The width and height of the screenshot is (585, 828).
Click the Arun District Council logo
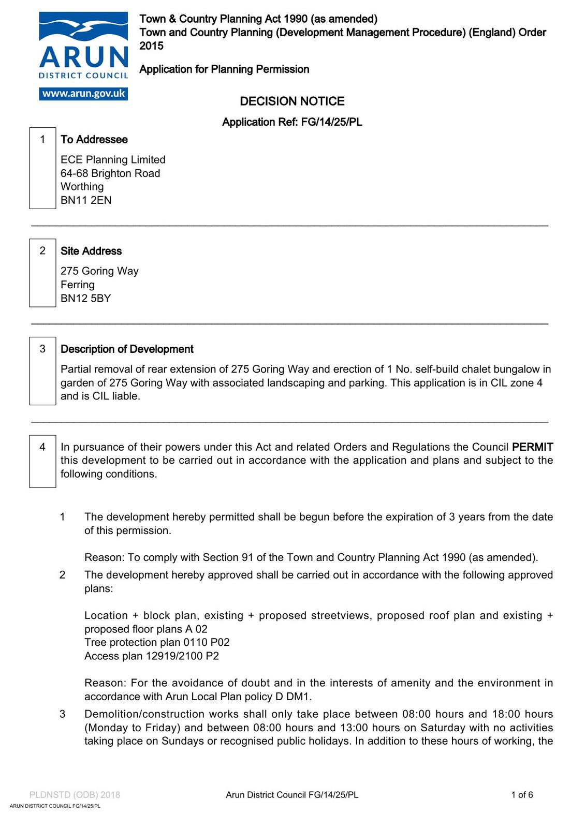pos(83,47)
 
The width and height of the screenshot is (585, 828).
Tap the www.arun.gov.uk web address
pos(83,94)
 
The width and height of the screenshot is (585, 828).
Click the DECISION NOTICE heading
pos(292,101)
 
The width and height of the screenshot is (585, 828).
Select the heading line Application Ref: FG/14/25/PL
pos(292,122)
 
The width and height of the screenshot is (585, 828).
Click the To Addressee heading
pos(94,140)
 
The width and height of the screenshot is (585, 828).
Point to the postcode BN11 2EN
pos(86,200)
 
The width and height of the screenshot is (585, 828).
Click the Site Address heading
pos(91,251)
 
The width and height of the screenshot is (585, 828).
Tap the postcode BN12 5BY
pos(86,299)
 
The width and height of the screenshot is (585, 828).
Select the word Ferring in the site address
pos(78,285)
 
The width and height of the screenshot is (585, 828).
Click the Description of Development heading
pos(127,349)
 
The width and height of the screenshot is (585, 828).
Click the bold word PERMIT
pos(532,447)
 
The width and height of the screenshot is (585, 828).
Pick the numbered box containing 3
pos(42,372)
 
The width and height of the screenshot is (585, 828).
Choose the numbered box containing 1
pos(42,168)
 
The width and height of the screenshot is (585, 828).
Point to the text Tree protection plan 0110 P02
pos(157,642)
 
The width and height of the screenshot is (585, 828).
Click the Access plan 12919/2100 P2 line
pos(152,656)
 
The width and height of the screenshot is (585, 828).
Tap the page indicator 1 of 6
pos(522,795)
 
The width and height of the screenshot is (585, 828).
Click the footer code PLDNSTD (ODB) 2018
pos(75,795)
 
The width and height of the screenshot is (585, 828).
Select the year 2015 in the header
pos(151,46)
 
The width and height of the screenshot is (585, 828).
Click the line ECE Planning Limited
pos(113,160)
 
